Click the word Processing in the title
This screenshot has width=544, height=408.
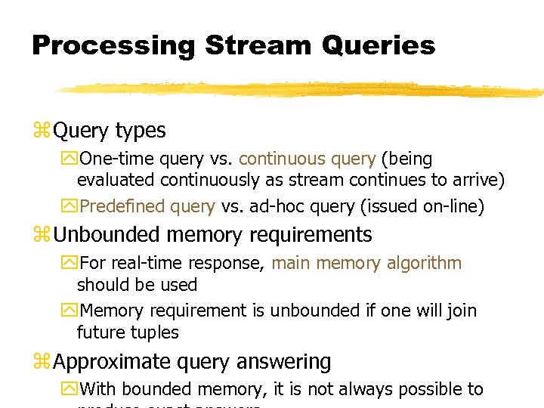pos(113,45)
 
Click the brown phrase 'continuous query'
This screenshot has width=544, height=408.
pos(307,159)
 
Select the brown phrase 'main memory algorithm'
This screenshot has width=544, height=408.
pos(366,263)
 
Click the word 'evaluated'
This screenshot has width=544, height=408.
pos(116,181)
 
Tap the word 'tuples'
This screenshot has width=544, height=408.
pos(154,332)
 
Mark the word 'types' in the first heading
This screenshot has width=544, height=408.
pos(141,131)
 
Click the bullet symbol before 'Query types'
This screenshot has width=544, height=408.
pos(41,131)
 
